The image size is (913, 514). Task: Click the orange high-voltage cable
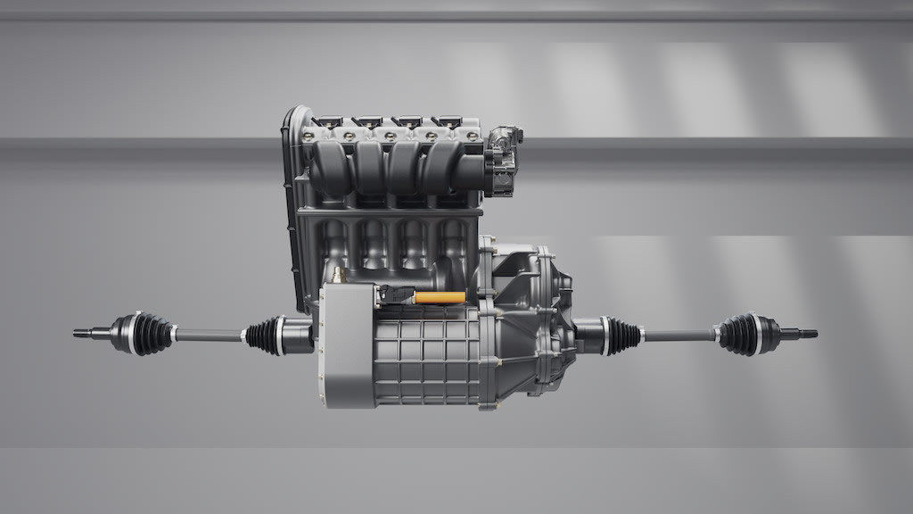[x=440, y=297]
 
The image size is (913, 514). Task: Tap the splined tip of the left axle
[x=83, y=334]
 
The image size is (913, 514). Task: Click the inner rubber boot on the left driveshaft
[x=265, y=335]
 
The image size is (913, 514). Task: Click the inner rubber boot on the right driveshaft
[x=622, y=336]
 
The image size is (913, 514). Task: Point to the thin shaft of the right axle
[x=678, y=336]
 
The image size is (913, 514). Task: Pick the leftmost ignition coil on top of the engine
[x=327, y=121]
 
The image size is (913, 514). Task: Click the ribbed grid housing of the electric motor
[x=424, y=357]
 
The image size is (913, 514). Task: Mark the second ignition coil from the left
[x=366, y=121]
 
